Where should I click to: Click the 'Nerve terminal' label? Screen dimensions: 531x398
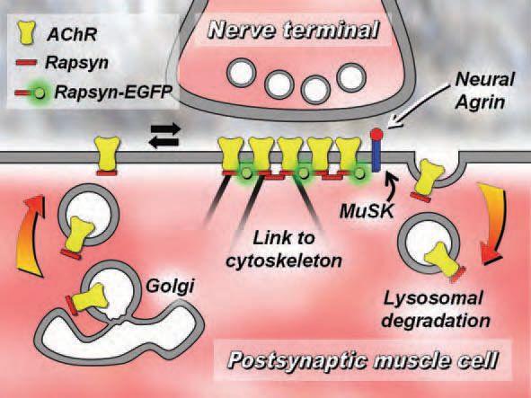point(293,31)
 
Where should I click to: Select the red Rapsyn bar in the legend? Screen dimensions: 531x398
point(26,63)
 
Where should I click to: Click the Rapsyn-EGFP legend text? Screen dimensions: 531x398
point(113,92)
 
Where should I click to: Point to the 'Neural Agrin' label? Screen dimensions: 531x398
point(484,91)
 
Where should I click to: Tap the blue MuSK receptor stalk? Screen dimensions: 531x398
point(376,155)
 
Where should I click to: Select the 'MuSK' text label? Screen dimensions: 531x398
point(367,212)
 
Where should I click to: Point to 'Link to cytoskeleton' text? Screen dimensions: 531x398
point(284,250)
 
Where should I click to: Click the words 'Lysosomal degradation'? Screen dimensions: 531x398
point(436,310)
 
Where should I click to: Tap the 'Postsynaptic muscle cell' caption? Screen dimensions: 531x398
point(363,360)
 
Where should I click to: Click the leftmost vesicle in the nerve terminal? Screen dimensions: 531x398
point(241,73)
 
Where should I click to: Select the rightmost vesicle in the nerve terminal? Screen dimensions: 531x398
point(351,77)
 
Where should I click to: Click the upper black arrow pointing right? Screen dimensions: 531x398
point(166,129)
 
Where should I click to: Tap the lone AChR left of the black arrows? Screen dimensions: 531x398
point(108,155)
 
